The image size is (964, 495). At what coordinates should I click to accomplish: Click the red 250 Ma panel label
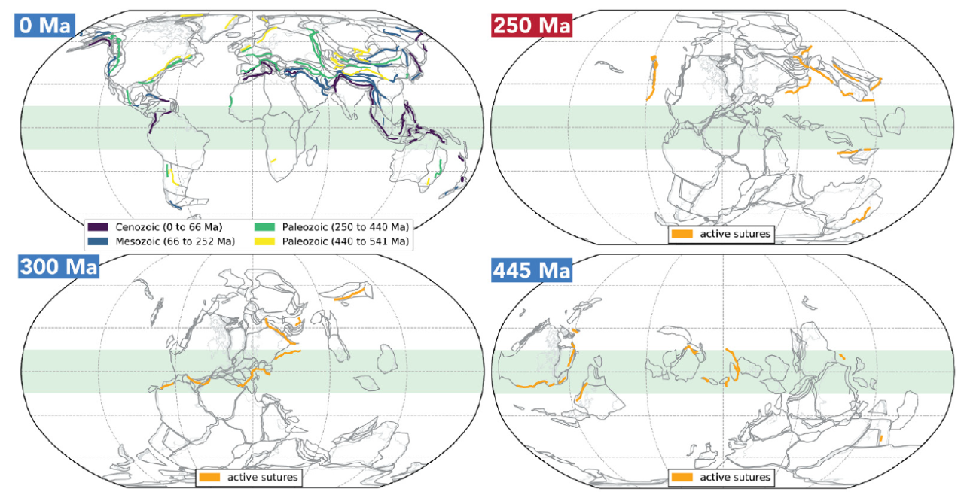coord(531,24)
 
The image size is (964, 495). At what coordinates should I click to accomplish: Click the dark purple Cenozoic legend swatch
coord(99,226)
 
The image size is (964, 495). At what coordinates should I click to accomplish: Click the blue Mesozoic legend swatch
coord(99,241)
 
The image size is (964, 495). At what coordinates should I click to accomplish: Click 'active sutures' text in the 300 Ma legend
coord(262,477)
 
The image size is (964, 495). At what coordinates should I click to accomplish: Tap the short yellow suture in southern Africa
coord(273,160)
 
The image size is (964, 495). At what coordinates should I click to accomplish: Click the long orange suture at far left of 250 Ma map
coord(652,77)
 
